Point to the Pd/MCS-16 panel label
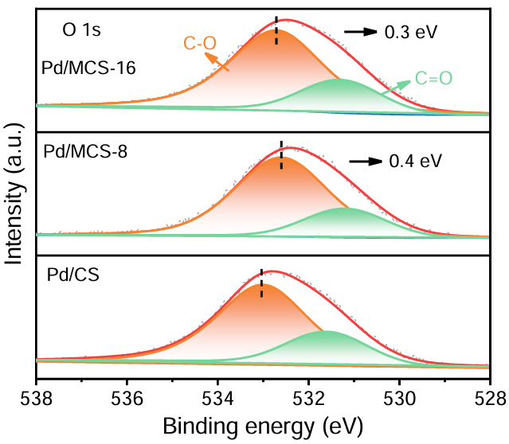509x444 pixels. (x=88, y=68)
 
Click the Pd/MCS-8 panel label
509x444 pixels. (x=82, y=150)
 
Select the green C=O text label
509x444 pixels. (x=433, y=78)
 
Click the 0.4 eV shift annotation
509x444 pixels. (x=415, y=162)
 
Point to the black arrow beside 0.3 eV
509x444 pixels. (x=360, y=32)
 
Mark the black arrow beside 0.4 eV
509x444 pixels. (x=365, y=162)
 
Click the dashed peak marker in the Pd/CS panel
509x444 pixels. (x=261, y=282)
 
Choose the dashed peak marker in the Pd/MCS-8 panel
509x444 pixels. (x=281, y=154)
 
